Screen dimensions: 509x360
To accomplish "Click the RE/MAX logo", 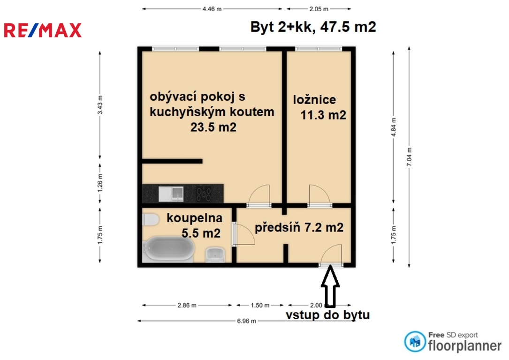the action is point(43,30).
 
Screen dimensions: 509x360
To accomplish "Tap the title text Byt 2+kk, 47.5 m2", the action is point(313,27).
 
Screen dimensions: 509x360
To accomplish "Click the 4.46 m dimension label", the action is point(212,9).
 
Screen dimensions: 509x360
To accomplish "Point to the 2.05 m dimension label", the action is point(319,9).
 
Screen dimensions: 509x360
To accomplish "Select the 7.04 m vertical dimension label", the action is point(409,157).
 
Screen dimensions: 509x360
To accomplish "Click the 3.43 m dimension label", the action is point(100,105).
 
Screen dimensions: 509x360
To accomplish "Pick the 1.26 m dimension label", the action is point(100,183).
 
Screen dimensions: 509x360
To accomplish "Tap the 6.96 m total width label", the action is point(246,321).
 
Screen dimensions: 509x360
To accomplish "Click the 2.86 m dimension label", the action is point(187,305).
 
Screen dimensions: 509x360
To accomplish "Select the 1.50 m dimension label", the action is point(260,305).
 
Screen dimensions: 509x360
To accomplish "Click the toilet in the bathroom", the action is point(150,219).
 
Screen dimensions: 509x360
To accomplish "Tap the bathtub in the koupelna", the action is point(169,249).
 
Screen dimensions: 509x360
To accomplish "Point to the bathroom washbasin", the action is point(215,255).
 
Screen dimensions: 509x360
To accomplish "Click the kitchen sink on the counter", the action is point(171,194).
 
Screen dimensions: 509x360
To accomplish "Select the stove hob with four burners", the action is point(204,194).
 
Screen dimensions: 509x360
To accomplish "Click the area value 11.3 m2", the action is point(323,115).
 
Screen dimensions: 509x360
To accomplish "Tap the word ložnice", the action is point(315,99).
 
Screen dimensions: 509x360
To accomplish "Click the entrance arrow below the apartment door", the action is point(330,286).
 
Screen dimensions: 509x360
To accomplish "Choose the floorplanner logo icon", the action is point(415,342).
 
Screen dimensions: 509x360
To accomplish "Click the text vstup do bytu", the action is point(328,315).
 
